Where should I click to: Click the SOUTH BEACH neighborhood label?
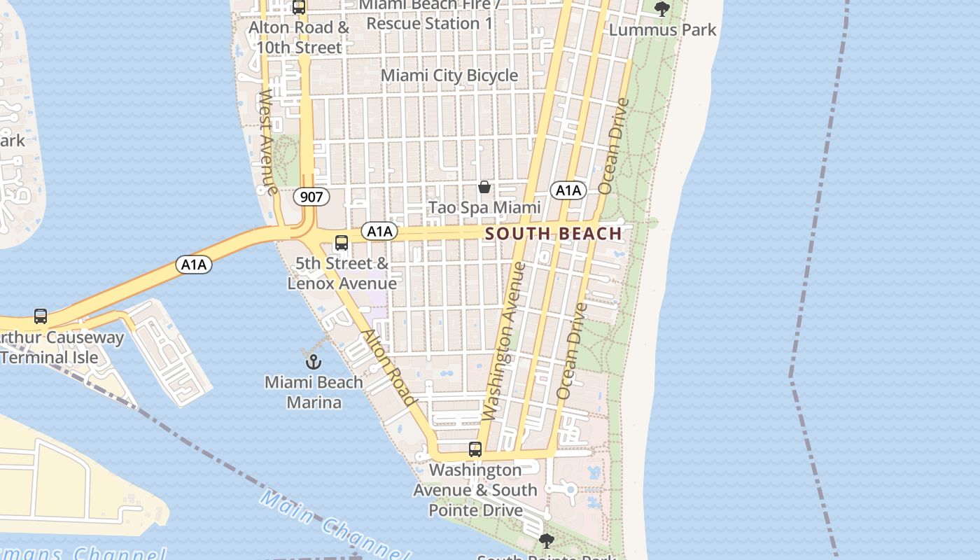[x=553, y=234]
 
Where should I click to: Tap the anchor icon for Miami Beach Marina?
[x=314, y=362]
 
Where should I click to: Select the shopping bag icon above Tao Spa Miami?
[x=484, y=187]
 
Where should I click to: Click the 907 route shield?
[x=311, y=197]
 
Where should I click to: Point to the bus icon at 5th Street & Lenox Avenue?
[x=342, y=243]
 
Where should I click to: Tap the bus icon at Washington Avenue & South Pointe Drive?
[x=475, y=449]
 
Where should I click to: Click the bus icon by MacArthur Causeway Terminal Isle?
[x=41, y=316]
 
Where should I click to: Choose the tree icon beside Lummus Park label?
[x=661, y=9]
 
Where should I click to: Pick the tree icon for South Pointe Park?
[x=547, y=540]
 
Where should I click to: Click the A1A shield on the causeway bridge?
[x=194, y=265]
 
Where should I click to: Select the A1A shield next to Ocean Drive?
[x=568, y=190]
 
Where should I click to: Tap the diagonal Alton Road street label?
[x=388, y=367]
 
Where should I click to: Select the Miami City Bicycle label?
[x=449, y=76]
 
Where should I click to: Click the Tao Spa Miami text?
[x=484, y=208]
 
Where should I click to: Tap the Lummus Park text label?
[x=662, y=30]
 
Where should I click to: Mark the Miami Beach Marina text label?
[x=314, y=392]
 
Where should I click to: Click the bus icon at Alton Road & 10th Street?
[x=299, y=8]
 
